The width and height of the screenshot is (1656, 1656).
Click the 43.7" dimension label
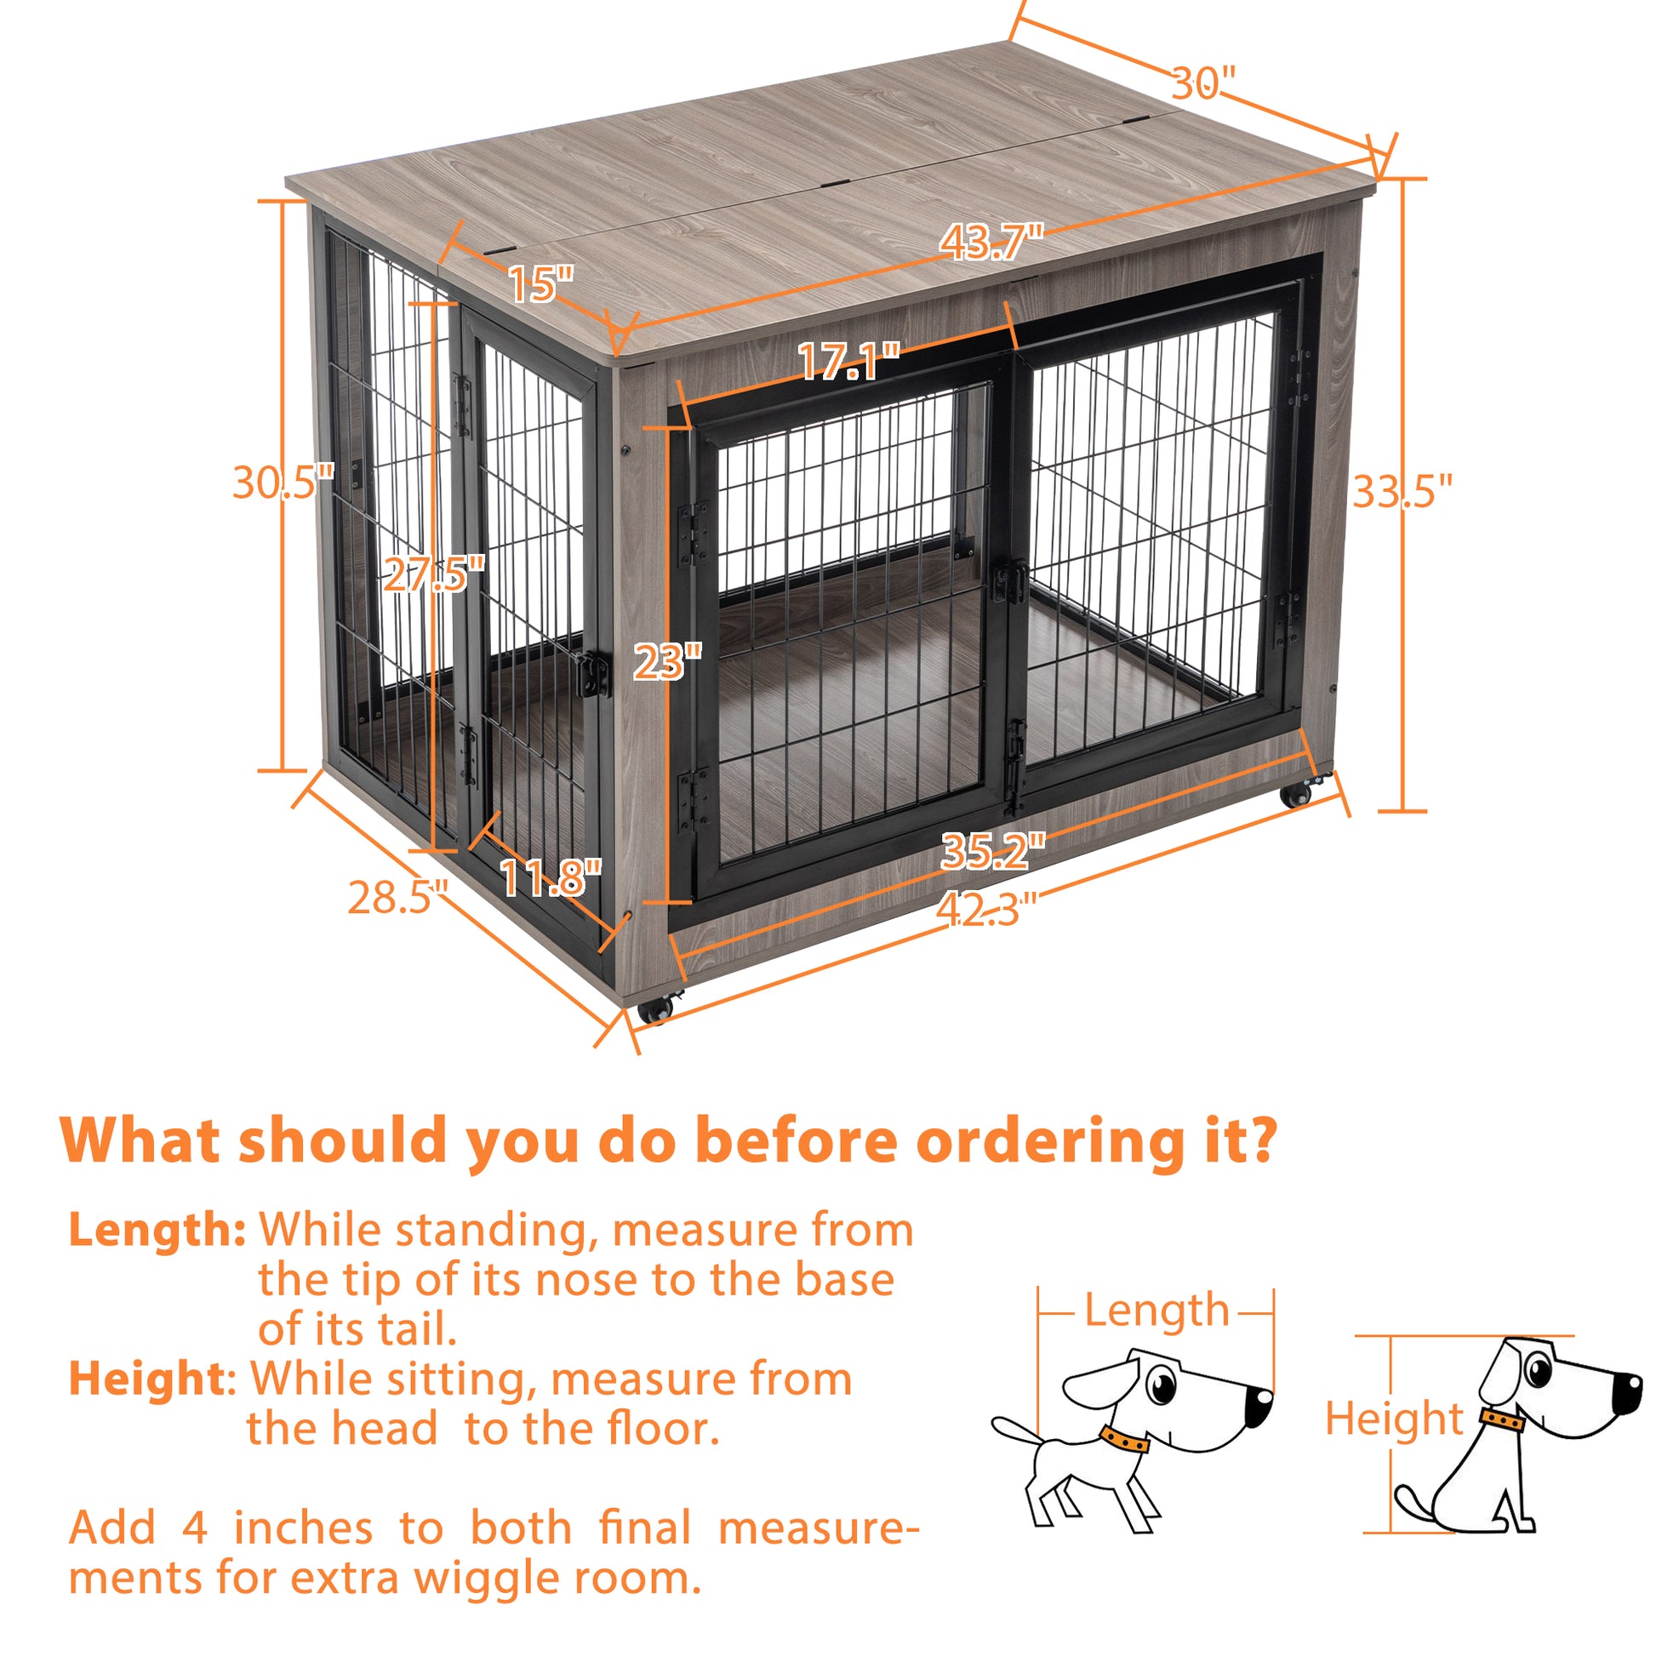pos(991,243)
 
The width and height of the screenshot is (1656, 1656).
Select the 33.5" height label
pos(1403,492)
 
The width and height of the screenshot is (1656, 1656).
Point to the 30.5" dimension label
pos(282,483)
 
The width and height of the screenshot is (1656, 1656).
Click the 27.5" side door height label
pos(434,574)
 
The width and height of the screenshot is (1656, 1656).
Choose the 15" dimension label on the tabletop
pos(540,284)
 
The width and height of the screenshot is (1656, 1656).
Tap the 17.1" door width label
pos(848,363)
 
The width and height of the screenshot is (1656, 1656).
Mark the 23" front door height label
pos(667,662)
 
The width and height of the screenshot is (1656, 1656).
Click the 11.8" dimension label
pos(551,877)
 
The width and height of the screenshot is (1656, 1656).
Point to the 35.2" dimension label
pos(992,852)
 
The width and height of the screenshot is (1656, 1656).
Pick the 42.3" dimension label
pos(985,910)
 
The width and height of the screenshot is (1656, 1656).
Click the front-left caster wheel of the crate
pos(657,1008)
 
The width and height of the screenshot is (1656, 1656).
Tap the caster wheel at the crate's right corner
pos(1297,794)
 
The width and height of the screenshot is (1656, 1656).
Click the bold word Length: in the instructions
pos(157,1230)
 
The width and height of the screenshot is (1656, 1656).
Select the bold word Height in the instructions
pos(146,1379)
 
